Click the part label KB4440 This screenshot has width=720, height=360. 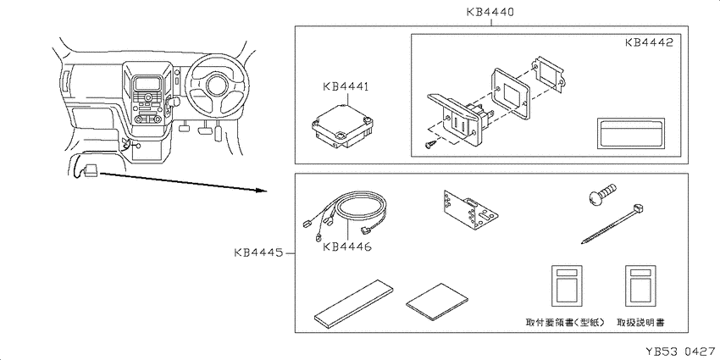(x=490, y=12)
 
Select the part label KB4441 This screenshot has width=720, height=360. (x=346, y=86)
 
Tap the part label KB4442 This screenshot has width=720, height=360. (x=649, y=42)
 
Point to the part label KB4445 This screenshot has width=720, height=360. (x=258, y=252)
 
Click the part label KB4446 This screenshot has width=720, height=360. (x=346, y=246)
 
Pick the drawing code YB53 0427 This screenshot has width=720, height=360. (x=681, y=352)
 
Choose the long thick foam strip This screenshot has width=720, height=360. (x=353, y=303)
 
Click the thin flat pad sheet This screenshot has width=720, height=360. (x=437, y=302)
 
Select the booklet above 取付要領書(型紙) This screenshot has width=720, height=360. (x=567, y=285)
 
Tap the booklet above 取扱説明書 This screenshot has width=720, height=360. (x=640, y=285)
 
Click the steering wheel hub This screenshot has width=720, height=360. (x=216, y=86)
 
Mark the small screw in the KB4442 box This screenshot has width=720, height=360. (x=429, y=145)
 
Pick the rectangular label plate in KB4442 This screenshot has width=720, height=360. (x=630, y=133)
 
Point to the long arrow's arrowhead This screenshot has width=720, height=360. (x=261, y=190)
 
